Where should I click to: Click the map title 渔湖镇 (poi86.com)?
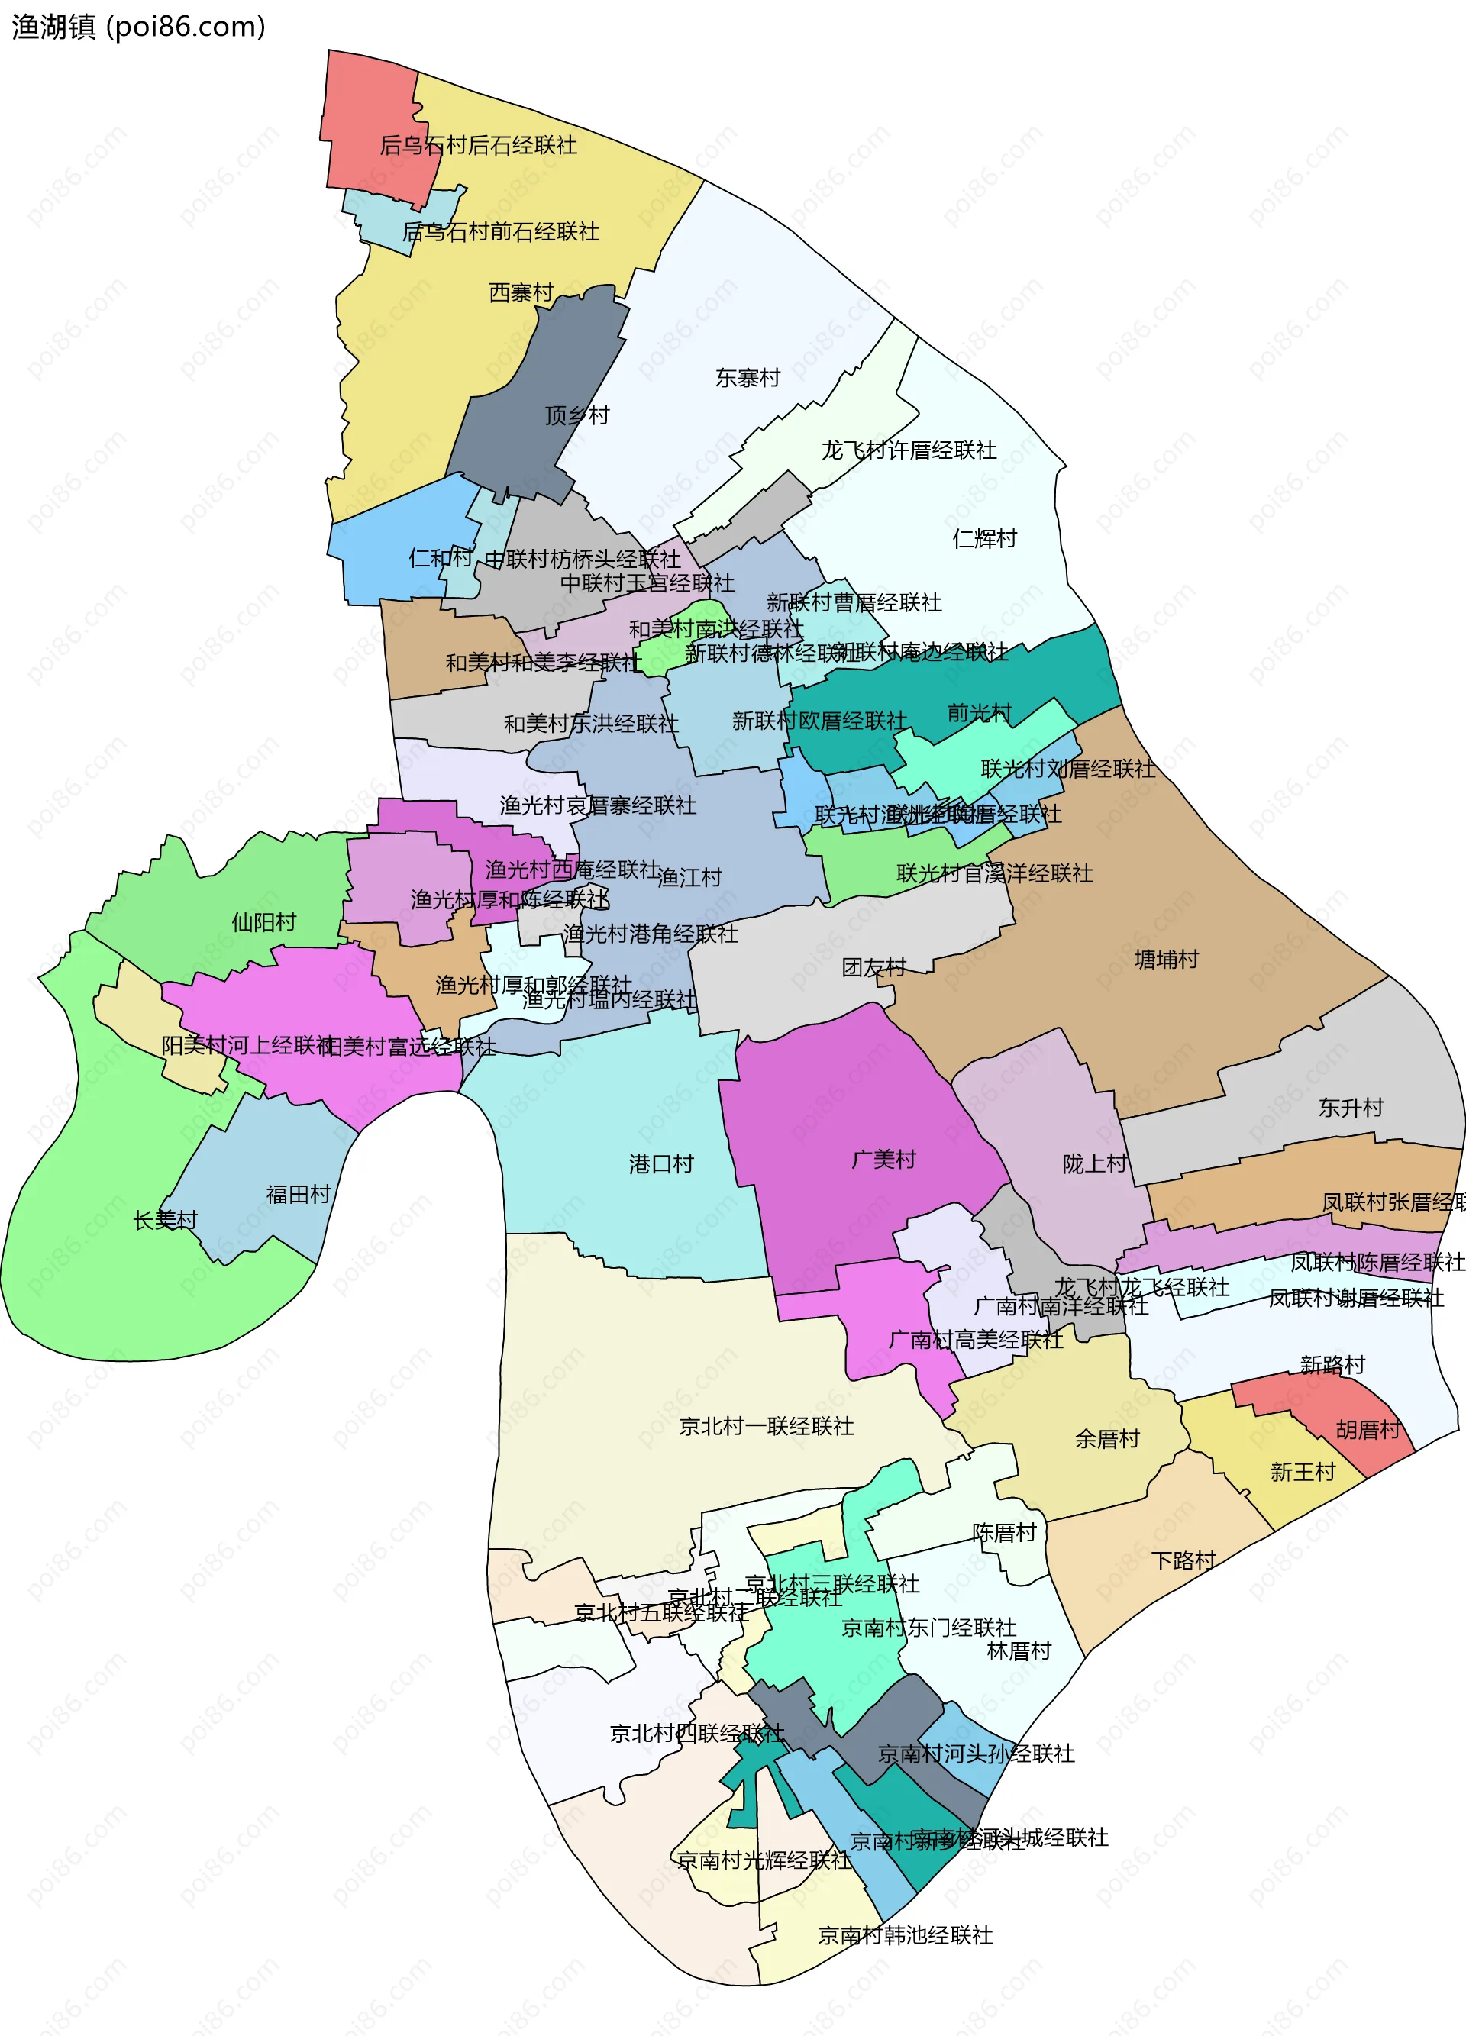(x=138, y=27)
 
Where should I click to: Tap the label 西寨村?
(x=521, y=292)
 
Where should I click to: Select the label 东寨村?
(x=747, y=378)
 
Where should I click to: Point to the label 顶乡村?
(x=576, y=415)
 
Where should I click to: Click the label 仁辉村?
(x=984, y=539)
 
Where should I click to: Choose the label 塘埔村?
(x=1166, y=960)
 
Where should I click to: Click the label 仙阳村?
(x=264, y=922)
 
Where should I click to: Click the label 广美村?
(x=883, y=1160)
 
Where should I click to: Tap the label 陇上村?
(x=1094, y=1164)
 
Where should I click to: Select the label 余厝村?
(x=1107, y=1439)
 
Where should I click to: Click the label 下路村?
(x=1183, y=1560)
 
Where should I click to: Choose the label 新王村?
(x=1303, y=1473)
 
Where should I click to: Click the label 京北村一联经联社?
(x=766, y=1427)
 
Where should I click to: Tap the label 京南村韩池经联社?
(x=905, y=1935)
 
